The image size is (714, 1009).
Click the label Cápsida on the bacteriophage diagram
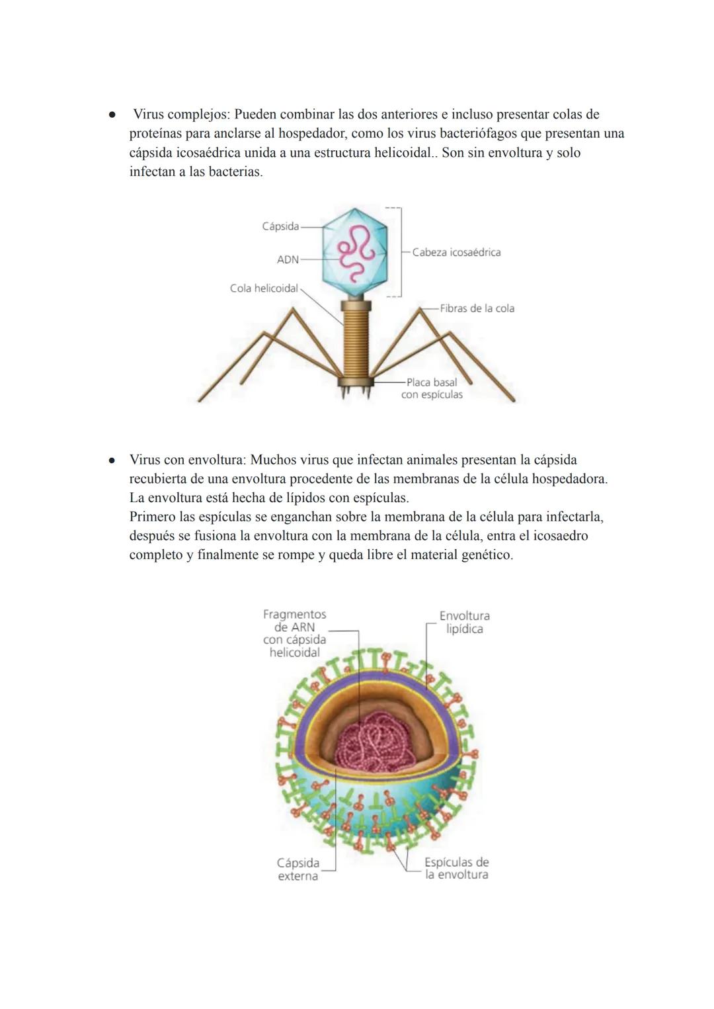pyautogui.click(x=280, y=226)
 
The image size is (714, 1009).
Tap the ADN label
pyautogui.click(x=288, y=259)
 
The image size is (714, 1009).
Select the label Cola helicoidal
pyautogui.click(x=264, y=288)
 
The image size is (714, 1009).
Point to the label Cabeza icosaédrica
pyautogui.click(x=456, y=252)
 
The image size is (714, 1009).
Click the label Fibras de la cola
pyautogui.click(x=477, y=308)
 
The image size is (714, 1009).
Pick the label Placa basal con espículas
pyautogui.click(x=432, y=388)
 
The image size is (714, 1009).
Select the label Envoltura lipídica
pyautogui.click(x=465, y=622)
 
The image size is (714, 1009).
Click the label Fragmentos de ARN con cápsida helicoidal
pyautogui.click(x=295, y=633)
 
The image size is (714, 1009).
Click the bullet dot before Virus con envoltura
pyautogui.click(x=111, y=461)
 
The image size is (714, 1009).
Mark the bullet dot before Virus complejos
pyautogui.click(x=111, y=115)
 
